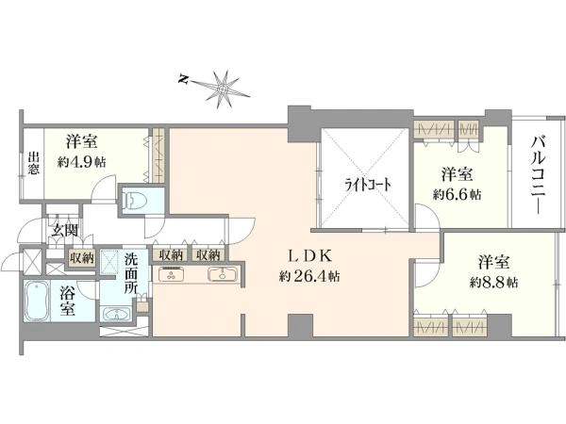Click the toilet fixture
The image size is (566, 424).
click(131, 200)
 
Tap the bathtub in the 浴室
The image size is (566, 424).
click(37, 302)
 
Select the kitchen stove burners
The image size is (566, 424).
click(171, 275)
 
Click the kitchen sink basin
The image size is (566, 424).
click(223, 275)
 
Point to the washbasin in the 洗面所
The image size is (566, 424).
click(116, 314)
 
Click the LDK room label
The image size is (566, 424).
click(309, 256)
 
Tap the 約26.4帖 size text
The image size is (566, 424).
click(309, 276)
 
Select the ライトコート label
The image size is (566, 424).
click(368, 186)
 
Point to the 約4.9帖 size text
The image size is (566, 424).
click(82, 162)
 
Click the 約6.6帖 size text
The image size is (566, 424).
click(457, 195)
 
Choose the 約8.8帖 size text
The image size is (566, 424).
click(493, 283)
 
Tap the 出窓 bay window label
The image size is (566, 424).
click(34, 164)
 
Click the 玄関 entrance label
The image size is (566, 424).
click(64, 231)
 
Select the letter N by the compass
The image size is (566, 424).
click(184, 79)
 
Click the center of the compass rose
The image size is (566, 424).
click(223, 88)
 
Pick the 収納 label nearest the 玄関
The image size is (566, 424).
click(82, 258)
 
